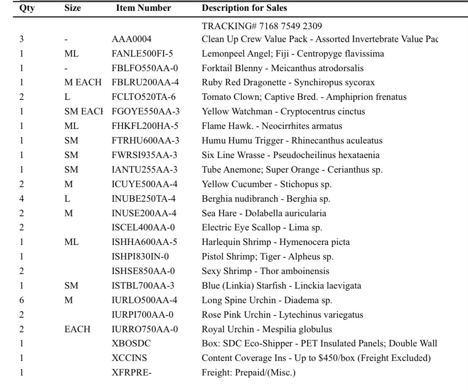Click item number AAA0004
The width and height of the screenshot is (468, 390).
pyautogui.click(x=126, y=39)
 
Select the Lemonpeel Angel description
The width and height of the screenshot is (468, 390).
pyautogui.click(x=285, y=54)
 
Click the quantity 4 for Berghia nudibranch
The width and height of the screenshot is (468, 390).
pyautogui.click(x=22, y=198)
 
